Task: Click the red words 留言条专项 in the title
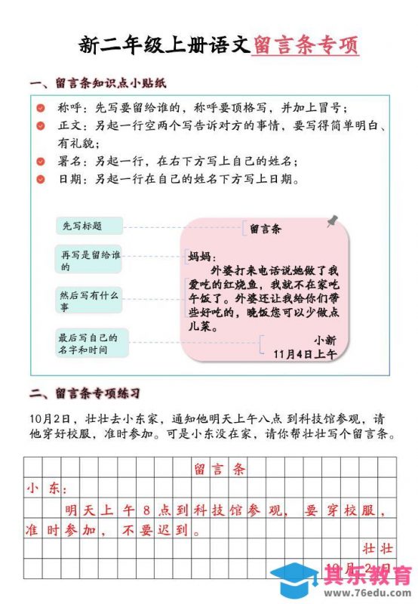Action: pyautogui.click(x=305, y=46)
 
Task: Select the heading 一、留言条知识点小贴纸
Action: pyautogui.click(x=97, y=83)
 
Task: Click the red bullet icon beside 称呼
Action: pyautogui.click(x=41, y=108)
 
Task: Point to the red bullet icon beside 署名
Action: pyautogui.click(x=41, y=161)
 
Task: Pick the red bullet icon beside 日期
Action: pyautogui.click(x=41, y=180)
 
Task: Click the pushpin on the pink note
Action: pyautogui.click(x=332, y=220)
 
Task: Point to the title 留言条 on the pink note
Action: pyautogui.click(x=265, y=227)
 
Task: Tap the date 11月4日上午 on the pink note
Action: pyautogui.click(x=306, y=353)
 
